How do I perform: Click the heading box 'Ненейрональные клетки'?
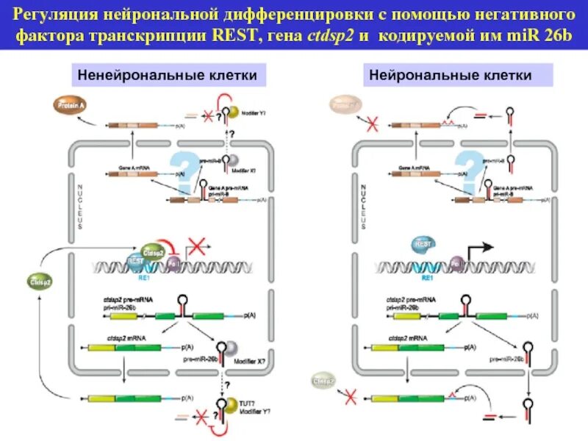click(x=168, y=75)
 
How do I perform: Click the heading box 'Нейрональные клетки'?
click(x=458, y=75)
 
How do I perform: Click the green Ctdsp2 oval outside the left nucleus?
click(x=40, y=280)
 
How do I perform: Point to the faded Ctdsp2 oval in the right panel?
click(x=324, y=381)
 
